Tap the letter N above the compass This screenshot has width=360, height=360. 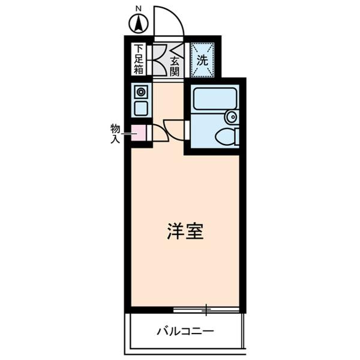click(x=139, y=8)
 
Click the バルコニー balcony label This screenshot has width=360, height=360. click(x=185, y=331)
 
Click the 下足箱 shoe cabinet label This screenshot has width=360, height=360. click(x=139, y=59)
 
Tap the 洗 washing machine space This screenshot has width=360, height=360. click(x=202, y=60)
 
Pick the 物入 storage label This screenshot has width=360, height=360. click(x=115, y=133)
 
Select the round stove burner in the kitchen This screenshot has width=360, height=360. click(x=141, y=92)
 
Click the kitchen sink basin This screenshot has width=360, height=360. click(x=141, y=109)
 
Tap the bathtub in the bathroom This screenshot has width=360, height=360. click(x=215, y=98)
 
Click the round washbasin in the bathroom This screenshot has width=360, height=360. click(x=231, y=117)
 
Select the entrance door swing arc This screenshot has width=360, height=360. click(x=169, y=22)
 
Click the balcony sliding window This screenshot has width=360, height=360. click(x=206, y=310)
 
